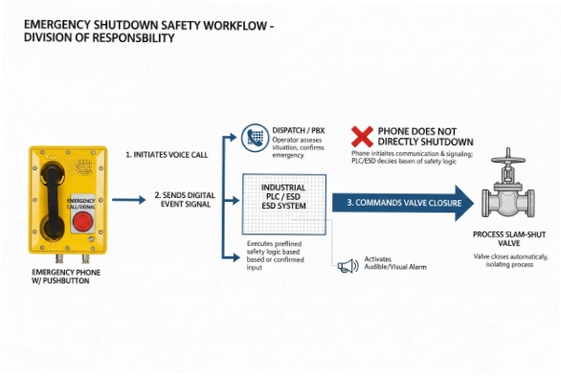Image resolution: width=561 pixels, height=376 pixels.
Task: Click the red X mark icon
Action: (362, 136)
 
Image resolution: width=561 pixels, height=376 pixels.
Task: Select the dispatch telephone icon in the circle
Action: (254, 137)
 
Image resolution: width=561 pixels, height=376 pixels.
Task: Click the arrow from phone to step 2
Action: (128, 201)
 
